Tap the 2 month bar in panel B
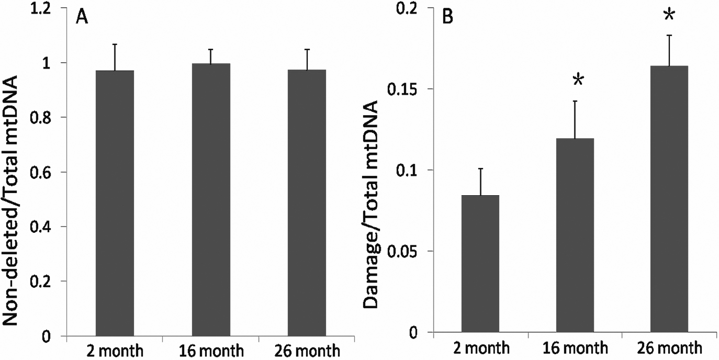pos(480,264)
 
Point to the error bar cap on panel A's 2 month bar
pos(115,44)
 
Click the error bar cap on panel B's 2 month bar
pos(480,168)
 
